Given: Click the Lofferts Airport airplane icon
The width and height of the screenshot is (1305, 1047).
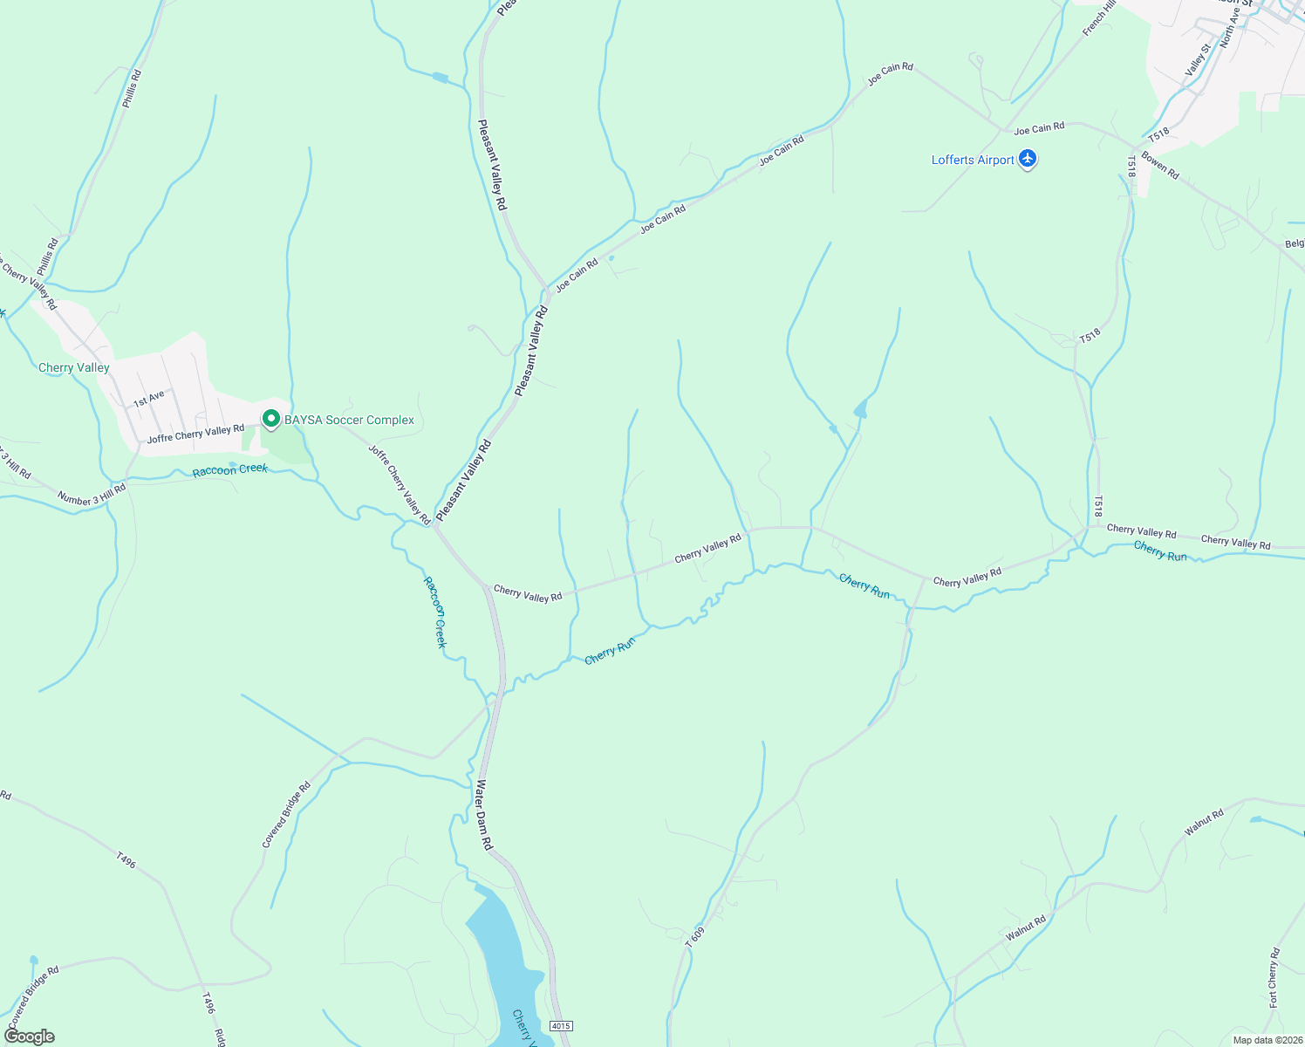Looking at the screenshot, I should coord(1028,159).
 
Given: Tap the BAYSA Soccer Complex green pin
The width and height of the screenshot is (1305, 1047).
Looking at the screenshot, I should coord(271,420).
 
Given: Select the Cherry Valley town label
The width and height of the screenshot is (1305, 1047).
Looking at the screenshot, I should coord(74,367).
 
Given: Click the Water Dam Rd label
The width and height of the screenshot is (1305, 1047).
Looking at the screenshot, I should coord(483,815).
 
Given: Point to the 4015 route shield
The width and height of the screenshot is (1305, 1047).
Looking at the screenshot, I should coord(561,1026).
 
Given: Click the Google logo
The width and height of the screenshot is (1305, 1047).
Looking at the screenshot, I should coord(29,1037).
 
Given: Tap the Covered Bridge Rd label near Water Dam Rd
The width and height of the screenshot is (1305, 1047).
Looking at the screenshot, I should coord(286,815).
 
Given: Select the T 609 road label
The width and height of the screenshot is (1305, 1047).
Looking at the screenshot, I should coord(694,937).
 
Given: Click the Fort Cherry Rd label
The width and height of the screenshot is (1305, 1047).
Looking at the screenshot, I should coord(1274,977).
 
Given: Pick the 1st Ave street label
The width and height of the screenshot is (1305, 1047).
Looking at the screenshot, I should coord(148,399).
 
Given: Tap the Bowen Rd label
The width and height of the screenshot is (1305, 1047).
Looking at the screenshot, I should coord(1160,166).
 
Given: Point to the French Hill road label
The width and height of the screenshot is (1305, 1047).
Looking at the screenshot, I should coord(1099,18).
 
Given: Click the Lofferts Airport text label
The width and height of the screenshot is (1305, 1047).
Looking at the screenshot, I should coord(973,160).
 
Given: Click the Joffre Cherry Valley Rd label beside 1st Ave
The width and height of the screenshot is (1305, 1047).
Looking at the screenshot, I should coord(195,434).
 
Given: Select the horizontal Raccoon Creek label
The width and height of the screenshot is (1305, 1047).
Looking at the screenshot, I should coord(230,470).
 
